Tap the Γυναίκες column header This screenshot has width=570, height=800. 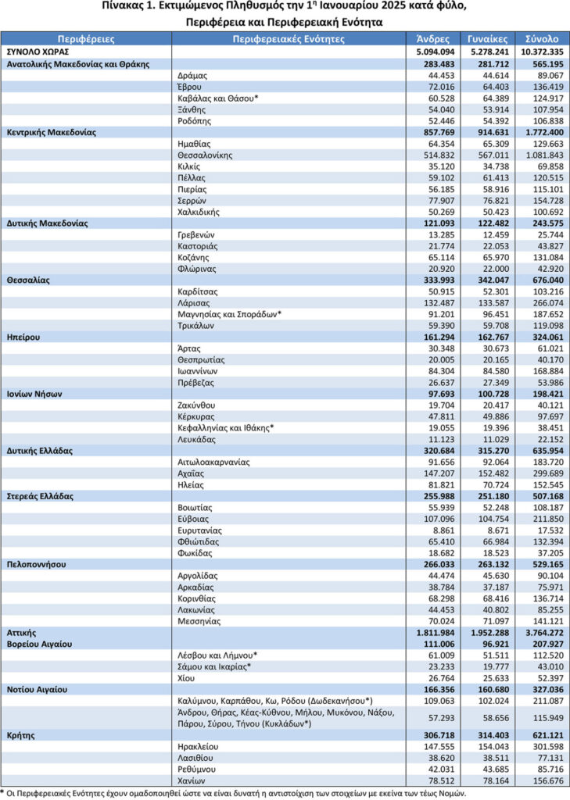[488, 37]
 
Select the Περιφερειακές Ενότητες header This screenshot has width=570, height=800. [287, 37]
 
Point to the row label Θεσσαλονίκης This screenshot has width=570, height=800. [206, 155]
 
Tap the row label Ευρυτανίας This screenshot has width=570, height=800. [201, 529]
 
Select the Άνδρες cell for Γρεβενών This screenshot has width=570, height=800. [437, 234]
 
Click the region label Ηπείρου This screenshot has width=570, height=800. [23, 337]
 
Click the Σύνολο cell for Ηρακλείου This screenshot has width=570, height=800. [540, 746]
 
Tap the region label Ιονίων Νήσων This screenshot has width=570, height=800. [34, 394]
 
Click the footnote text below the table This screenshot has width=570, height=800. [235, 793]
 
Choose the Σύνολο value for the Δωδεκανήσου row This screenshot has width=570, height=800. [540, 700]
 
